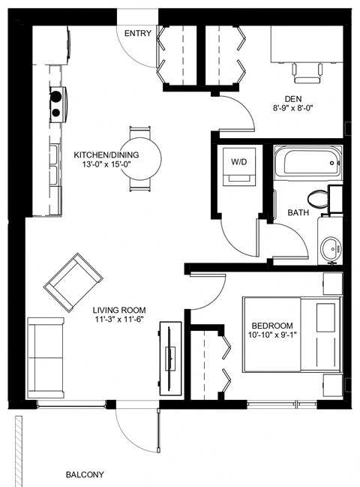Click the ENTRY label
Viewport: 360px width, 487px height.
tap(138, 33)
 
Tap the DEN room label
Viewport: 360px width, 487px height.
tap(293, 98)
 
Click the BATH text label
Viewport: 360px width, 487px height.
tap(298, 213)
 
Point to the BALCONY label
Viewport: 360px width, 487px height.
tap(84, 474)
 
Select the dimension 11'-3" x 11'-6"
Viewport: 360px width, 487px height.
tap(119, 320)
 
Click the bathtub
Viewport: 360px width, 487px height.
tap(307, 163)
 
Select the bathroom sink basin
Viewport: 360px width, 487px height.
tap(331, 247)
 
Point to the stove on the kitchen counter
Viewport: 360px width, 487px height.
tap(57, 104)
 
